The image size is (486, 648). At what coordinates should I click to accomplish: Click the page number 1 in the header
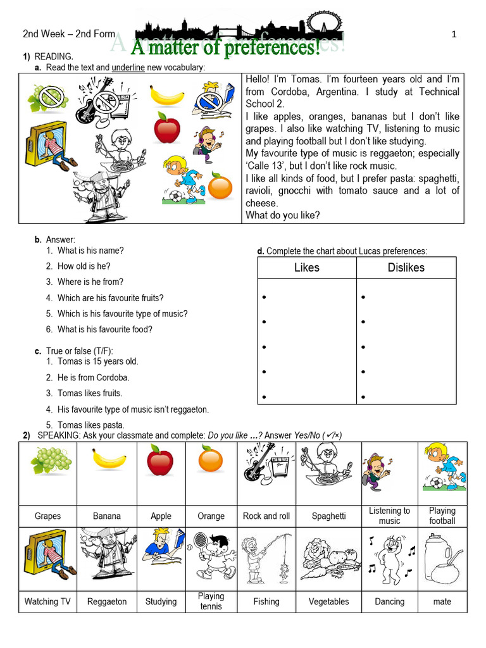coord(454,35)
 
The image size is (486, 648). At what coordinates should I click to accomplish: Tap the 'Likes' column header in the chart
coord(307,268)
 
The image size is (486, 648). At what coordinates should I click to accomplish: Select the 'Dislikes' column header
coord(406,268)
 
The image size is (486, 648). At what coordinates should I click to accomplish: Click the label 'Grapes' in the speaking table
coord(47,516)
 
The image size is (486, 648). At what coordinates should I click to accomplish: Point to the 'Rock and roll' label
coord(266,516)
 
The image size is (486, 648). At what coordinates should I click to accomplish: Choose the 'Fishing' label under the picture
coord(266,601)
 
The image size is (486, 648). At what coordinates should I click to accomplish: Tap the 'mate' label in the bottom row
coord(442,601)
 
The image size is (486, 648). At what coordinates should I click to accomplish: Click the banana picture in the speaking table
coord(106,460)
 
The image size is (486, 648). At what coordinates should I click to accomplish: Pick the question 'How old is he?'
coord(84,266)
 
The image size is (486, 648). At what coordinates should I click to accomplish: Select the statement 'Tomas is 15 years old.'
coord(97,361)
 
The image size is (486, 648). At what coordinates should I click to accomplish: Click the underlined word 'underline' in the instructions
coord(128,68)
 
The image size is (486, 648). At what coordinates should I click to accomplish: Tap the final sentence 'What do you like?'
coord(282,215)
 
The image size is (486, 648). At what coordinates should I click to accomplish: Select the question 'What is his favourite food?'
coord(104,329)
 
